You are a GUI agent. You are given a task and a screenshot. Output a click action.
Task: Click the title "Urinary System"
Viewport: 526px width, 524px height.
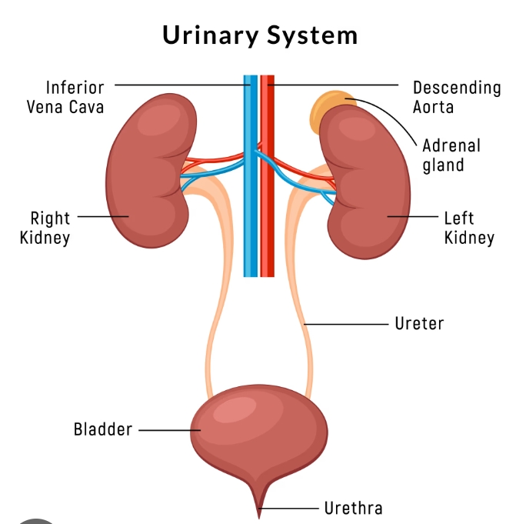[260, 35]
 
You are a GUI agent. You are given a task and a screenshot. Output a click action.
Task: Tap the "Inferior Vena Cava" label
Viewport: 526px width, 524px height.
[65, 97]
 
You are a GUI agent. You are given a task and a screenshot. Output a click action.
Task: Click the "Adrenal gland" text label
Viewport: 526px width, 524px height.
[451, 155]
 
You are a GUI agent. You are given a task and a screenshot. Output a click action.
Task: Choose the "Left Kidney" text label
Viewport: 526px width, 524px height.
[468, 228]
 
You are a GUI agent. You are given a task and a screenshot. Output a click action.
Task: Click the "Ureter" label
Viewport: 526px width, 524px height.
[419, 323]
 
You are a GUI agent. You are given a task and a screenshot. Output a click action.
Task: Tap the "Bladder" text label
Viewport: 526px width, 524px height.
[103, 429]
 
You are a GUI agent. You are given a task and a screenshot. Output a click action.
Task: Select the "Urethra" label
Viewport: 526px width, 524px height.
[352, 508]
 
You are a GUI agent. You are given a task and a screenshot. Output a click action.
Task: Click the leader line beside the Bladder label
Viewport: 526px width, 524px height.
[166, 430]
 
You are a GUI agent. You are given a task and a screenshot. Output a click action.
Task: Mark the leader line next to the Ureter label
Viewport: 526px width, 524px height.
[346, 324]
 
